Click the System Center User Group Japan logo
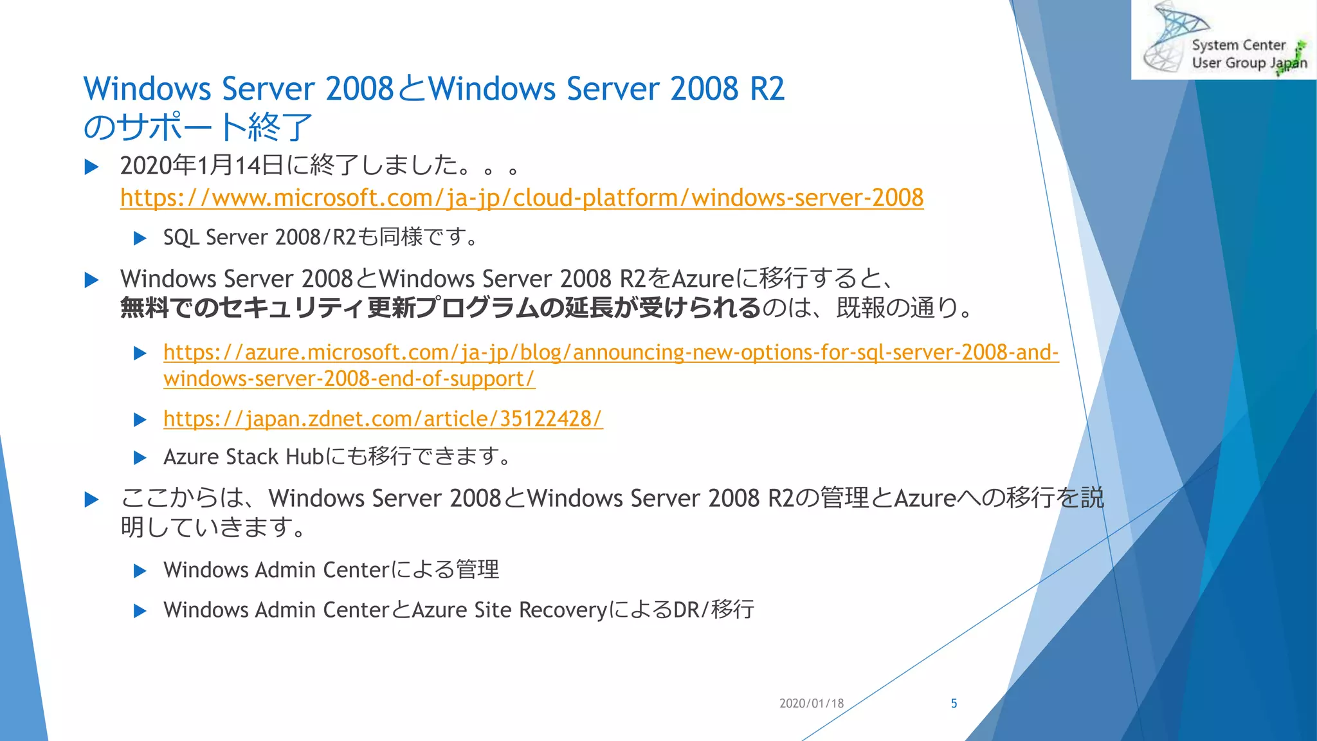coord(1224,41)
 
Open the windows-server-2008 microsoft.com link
coord(522,197)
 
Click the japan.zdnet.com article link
coord(383,419)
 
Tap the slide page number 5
coord(954,704)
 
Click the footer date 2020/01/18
coord(811,704)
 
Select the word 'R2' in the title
coord(767,89)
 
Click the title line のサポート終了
coord(197,127)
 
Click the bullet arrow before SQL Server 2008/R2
coord(140,239)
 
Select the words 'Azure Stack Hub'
coord(243,457)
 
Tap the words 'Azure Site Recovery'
coord(509,610)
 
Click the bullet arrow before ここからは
coord(92,500)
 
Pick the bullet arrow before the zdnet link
coord(140,420)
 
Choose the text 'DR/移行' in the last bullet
coord(713,610)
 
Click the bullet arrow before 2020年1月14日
coord(92,167)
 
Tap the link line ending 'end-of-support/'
coord(349,379)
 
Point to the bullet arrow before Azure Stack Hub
coord(140,458)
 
